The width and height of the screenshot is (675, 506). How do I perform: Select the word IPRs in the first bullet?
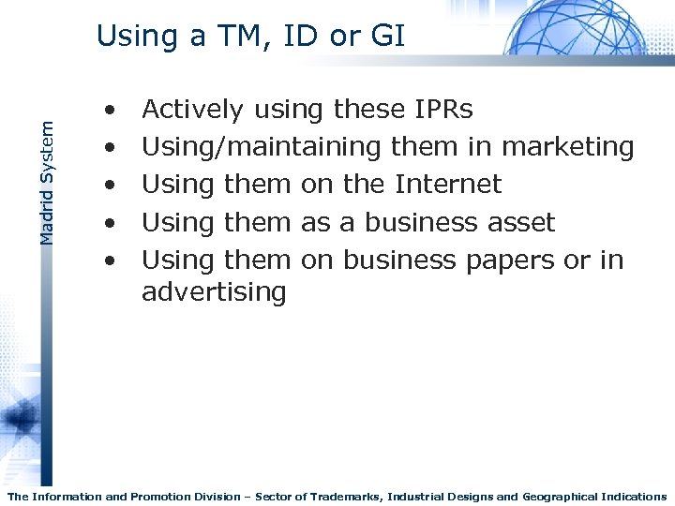[x=442, y=110]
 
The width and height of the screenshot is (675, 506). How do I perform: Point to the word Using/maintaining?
[x=261, y=148]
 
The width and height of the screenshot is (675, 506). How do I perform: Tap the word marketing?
[x=568, y=148]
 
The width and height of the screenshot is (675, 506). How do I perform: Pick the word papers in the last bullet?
[x=506, y=260]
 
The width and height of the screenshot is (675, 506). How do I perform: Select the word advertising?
[x=214, y=292]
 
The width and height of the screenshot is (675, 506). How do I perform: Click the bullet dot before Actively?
[x=111, y=112]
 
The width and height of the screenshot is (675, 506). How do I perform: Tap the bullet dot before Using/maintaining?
[x=111, y=149]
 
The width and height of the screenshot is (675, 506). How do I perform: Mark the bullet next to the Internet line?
[x=111, y=186]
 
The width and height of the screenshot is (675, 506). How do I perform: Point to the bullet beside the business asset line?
[x=111, y=223]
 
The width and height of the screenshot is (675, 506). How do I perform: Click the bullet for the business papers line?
[x=111, y=260]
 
